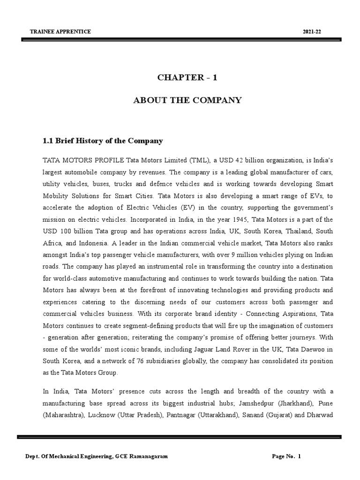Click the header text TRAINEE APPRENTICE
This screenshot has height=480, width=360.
coord(60,31)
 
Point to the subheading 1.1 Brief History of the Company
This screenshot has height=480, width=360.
coord(103,141)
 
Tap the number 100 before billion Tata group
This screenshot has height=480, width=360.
coord(64,231)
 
